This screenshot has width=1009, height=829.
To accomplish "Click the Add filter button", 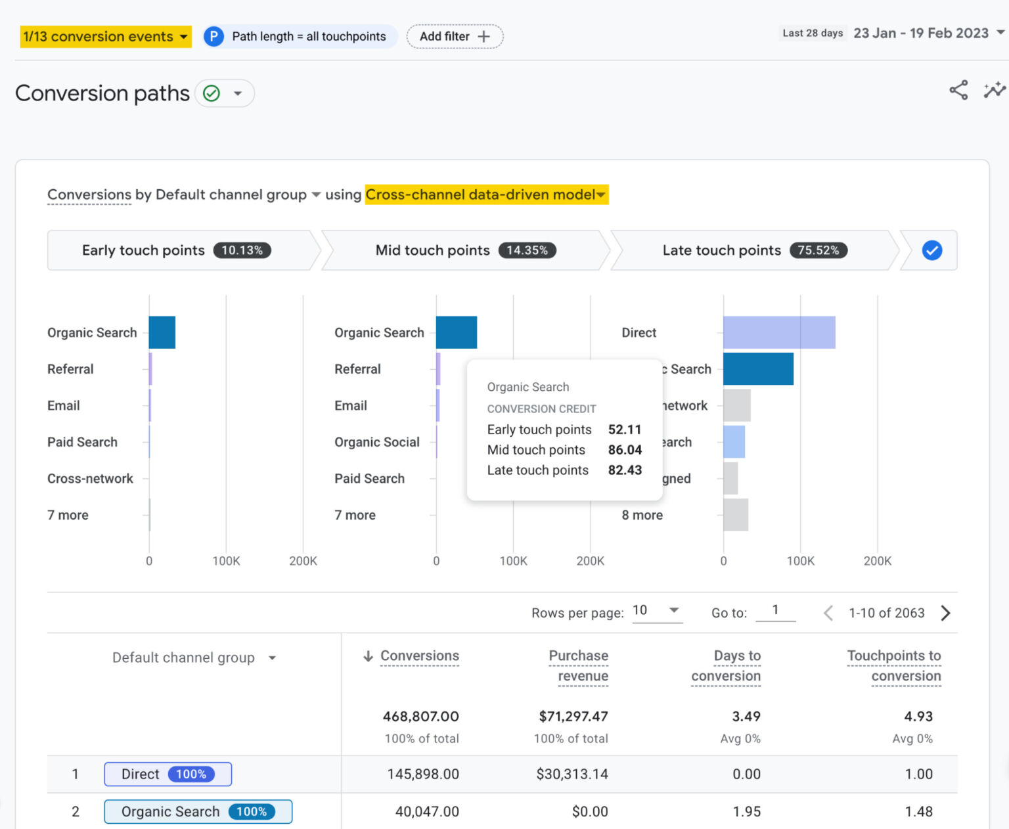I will (x=455, y=37).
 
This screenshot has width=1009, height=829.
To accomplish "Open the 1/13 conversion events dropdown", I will (x=106, y=37).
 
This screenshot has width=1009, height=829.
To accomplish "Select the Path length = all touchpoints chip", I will (x=300, y=37).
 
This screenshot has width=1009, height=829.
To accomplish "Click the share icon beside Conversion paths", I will (x=958, y=91).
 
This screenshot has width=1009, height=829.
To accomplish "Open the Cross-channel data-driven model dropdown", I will (x=486, y=194).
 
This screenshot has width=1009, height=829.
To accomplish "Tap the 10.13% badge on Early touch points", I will (x=242, y=250).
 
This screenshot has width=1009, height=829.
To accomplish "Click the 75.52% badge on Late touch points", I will (x=818, y=250).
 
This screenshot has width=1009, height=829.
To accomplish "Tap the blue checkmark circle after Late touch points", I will (x=931, y=250).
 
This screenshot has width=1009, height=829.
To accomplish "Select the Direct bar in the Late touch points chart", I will (x=779, y=332).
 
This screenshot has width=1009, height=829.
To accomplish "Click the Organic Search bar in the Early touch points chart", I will (x=162, y=332).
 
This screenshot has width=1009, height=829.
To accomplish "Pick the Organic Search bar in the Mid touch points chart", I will (x=457, y=332).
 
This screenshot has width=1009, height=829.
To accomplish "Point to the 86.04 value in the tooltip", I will (x=625, y=450).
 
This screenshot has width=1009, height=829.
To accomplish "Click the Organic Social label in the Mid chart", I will (x=376, y=442).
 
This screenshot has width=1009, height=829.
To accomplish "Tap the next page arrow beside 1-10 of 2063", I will (x=945, y=613).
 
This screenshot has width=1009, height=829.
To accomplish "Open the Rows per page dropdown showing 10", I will (x=656, y=611).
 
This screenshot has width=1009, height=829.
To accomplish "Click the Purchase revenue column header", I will (x=579, y=665).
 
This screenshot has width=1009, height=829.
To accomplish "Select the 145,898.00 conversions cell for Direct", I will (x=423, y=774).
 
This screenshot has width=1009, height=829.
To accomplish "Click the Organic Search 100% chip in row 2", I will (x=198, y=812).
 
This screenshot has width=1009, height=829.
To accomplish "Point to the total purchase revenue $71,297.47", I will (x=573, y=716).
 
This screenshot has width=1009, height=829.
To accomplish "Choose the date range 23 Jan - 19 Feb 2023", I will (x=921, y=34).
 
